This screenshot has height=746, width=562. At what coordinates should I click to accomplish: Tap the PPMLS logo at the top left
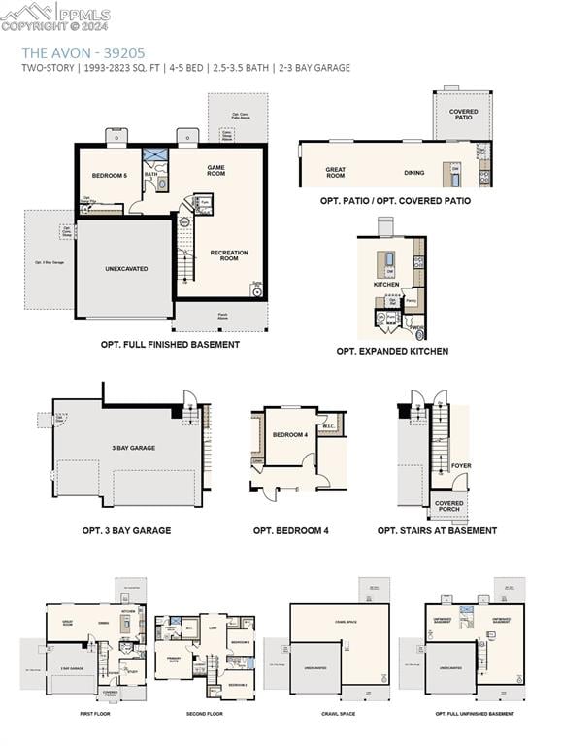click(x=55, y=14)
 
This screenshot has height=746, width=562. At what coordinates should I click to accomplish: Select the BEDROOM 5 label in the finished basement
click(x=110, y=175)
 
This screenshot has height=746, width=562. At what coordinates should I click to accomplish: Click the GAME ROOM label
click(x=215, y=170)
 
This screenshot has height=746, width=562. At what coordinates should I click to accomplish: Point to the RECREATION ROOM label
click(x=229, y=255)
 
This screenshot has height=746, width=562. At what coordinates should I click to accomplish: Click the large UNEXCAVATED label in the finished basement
click(x=126, y=268)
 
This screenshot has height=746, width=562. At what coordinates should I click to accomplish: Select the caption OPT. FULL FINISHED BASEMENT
click(x=170, y=344)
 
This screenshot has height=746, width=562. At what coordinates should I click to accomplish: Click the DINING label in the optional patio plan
click(x=414, y=173)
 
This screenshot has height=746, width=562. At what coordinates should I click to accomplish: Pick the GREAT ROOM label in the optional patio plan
click(x=335, y=173)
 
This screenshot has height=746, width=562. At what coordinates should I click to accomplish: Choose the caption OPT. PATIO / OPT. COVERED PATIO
click(x=395, y=201)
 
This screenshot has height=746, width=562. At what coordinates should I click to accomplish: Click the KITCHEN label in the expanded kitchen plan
click(x=386, y=285)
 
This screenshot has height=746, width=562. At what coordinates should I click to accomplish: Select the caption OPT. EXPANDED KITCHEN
click(x=392, y=351)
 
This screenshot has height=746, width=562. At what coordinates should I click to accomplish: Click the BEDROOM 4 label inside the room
click(x=290, y=435)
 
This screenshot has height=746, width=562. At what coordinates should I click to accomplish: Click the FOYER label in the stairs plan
click(x=461, y=465)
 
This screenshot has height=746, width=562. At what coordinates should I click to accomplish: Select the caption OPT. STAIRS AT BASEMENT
click(x=437, y=530)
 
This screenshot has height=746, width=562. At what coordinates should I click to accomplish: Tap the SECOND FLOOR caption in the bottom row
click(x=204, y=714)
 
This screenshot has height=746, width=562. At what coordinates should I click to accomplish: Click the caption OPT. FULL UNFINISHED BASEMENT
click(x=475, y=714)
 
